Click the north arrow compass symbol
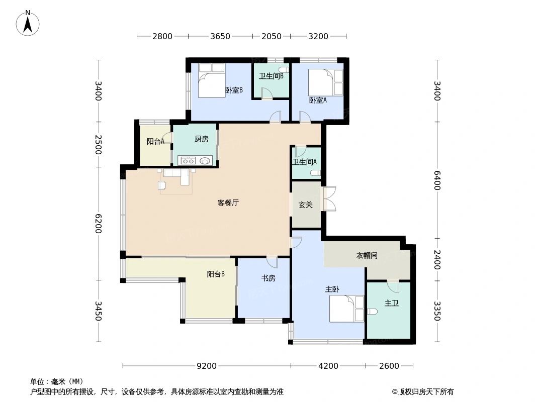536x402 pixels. (28, 23)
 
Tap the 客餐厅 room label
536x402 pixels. (228, 203)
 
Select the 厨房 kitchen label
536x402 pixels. (201, 139)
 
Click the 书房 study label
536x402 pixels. (268, 278)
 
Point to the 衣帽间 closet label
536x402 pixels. (367, 255)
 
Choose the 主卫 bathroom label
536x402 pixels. (391, 304)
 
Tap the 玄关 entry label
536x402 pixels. (306, 205)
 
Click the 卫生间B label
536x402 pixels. (271, 76)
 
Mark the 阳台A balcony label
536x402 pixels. (155, 142)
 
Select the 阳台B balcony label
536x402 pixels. (216, 274)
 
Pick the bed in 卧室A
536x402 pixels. (325, 82)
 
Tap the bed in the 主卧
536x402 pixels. (346, 309)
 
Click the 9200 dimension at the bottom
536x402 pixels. (207, 366)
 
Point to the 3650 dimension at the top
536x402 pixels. (220, 36)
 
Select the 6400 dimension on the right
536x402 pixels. (436, 180)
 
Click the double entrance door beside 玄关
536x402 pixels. (329, 198)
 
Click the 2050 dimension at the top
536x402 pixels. (272, 36)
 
